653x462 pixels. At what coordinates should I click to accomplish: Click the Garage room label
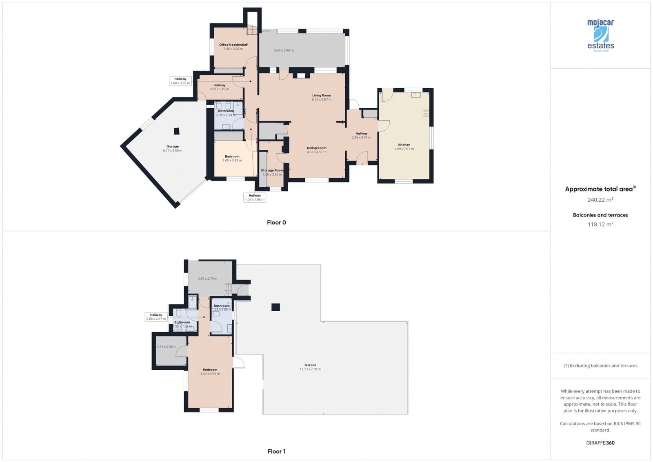tap(173, 147)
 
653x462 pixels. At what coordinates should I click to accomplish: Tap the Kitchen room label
tap(404, 145)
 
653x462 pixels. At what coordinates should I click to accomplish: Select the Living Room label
tap(322, 96)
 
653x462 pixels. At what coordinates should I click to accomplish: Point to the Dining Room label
tap(317, 148)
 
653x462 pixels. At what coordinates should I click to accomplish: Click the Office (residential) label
tap(233, 45)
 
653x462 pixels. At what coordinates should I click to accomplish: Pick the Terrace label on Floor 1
tap(310, 365)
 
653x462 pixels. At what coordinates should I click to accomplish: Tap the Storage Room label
tap(272, 170)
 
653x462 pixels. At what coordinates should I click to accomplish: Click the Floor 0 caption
tap(276, 223)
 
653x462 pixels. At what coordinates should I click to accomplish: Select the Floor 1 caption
tap(276, 451)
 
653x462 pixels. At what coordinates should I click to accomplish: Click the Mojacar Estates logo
tap(600, 35)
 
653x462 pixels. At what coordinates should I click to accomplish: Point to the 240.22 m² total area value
tap(600, 200)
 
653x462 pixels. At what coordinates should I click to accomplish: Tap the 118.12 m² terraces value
tap(600, 224)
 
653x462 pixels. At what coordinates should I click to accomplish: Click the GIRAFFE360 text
tap(600, 443)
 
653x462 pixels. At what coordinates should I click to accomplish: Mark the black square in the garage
tap(176, 131)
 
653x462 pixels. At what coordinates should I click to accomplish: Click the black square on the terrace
tap(276, 307)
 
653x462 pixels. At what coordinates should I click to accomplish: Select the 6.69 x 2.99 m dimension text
tap(284, 51)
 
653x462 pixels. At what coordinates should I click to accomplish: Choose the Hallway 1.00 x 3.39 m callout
tap(180, 81)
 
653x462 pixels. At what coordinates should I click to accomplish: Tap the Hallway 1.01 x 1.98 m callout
tap(255, 198)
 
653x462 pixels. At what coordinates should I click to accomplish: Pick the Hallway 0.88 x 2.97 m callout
tap(156, 317)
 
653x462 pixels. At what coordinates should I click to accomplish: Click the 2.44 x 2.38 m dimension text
tap(167, 347)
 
